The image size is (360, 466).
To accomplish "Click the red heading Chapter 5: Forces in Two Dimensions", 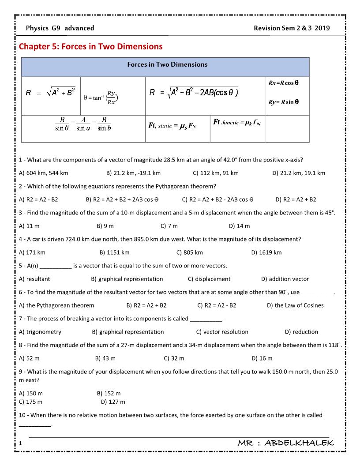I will (90, 46).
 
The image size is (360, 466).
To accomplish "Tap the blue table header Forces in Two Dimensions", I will (167, 64).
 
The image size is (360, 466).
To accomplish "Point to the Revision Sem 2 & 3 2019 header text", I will (292, 28).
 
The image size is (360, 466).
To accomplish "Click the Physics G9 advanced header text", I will (60, 28).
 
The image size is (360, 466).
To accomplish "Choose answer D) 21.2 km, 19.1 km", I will (299, 173).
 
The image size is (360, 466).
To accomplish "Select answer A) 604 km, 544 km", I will (44, 173).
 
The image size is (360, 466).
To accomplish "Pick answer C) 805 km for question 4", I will (190, 252).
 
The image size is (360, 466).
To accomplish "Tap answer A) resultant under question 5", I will (35, 279).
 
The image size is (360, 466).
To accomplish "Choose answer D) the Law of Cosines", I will (295, 305).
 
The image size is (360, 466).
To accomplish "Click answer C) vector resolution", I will (222, 332).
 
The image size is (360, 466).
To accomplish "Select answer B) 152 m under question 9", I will (109, 393).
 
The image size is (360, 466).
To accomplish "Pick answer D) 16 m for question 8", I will (262, 358).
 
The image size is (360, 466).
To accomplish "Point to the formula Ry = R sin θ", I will (284, 102).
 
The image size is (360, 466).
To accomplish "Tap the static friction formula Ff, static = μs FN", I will (172, 126).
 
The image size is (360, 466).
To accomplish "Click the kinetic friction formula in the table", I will (236, 122).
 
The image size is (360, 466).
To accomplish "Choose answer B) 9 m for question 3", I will (105, 226).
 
